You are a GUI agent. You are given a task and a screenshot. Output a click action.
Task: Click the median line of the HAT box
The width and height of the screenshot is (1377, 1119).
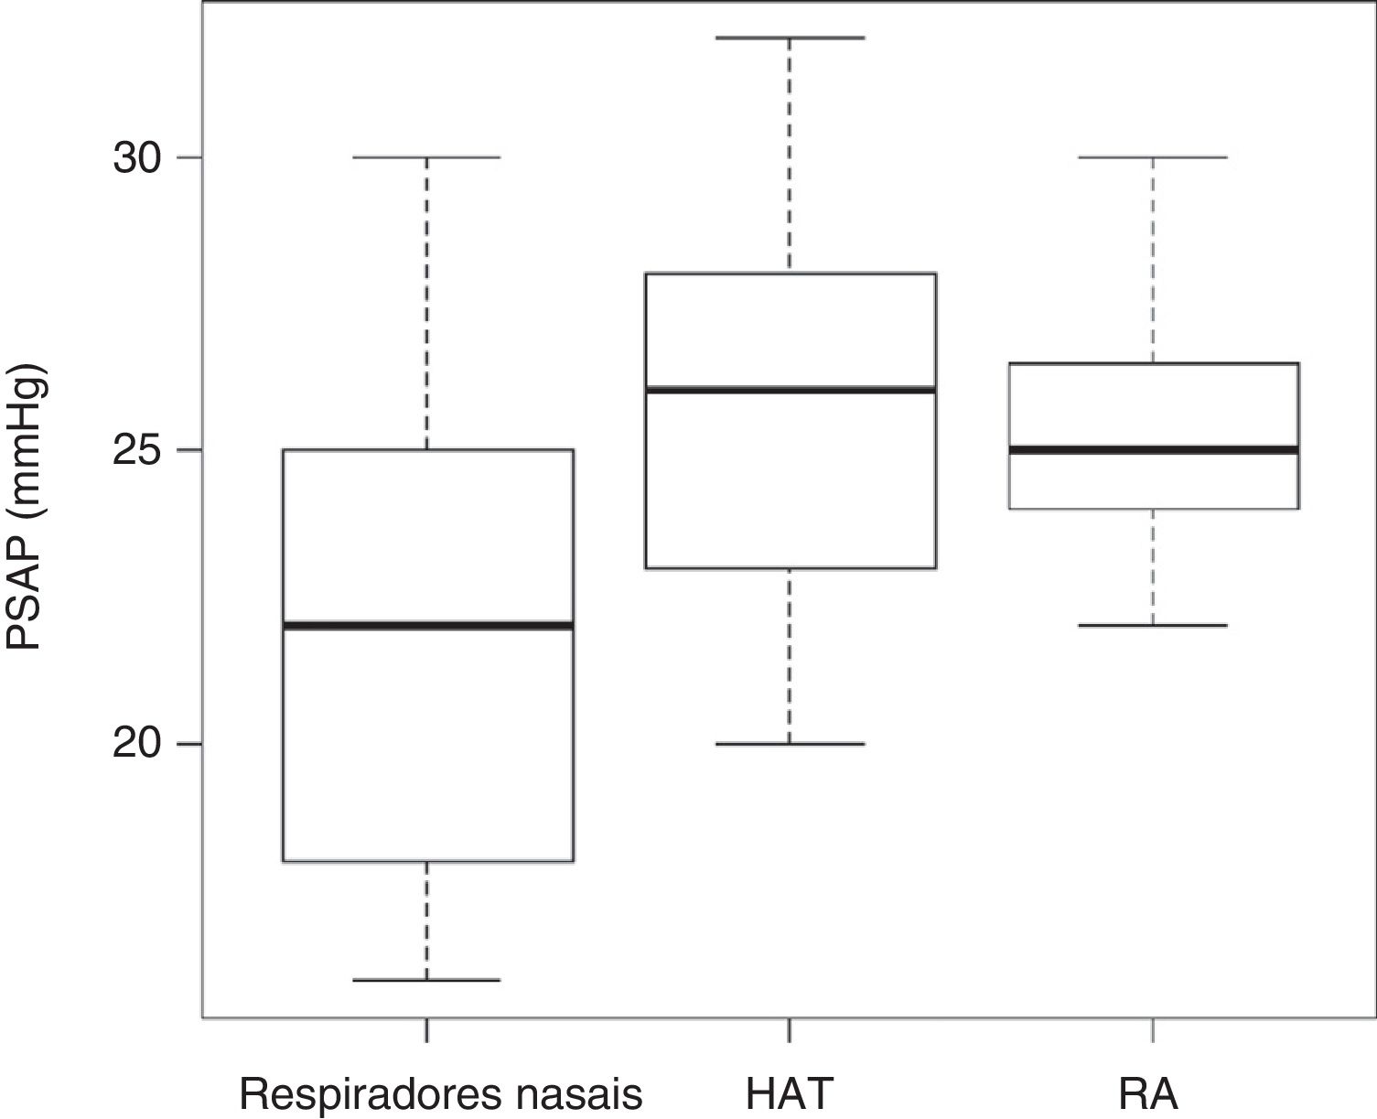coord(790,390)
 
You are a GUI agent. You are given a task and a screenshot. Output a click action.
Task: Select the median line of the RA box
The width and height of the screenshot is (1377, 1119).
coord(1153,449)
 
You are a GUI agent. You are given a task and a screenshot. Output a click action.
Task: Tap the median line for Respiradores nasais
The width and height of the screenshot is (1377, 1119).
coord(427,626)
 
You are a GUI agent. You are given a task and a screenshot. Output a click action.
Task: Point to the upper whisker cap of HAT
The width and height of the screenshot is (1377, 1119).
coord(790,38)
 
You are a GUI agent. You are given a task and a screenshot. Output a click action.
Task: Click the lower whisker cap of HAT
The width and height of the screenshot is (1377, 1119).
coord(790,744)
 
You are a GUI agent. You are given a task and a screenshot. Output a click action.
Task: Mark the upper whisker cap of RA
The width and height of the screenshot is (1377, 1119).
coord(1153,157)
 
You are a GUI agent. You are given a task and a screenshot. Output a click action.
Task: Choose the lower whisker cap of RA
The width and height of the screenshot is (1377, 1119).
coord(1153,626)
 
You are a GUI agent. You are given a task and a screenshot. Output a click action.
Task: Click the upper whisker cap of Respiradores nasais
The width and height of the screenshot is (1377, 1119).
coord(427,157)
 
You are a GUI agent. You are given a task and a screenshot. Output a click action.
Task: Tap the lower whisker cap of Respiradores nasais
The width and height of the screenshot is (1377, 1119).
coord(427,980)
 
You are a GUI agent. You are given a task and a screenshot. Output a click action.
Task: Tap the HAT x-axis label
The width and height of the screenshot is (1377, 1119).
coord(790,1094)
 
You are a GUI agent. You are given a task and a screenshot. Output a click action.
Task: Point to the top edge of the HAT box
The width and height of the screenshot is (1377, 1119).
coord(790,273)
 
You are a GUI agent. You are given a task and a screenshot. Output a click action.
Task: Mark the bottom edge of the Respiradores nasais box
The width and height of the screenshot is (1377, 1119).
coord(427,861)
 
